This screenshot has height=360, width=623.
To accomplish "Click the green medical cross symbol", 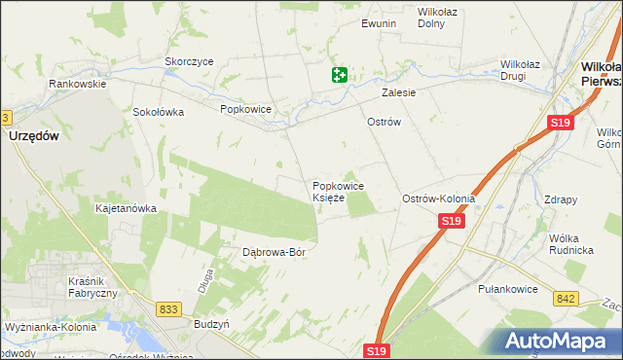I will [339, 75].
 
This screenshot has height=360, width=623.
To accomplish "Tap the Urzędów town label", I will [35, 137].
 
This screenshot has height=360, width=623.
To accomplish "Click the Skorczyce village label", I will [189, 60].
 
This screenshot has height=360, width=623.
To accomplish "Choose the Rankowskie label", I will [78, 84].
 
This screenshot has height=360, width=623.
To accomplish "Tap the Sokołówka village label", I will [159, 112].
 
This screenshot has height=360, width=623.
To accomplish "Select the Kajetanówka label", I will [126, 208].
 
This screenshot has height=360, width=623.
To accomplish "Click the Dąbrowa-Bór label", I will [274, 252].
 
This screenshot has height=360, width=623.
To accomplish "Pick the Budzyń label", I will [211, 323].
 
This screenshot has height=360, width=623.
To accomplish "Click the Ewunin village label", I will [379, 23].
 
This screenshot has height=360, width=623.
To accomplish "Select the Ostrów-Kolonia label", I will [438, 198].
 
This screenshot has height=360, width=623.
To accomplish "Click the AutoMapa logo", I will [559, 342].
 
